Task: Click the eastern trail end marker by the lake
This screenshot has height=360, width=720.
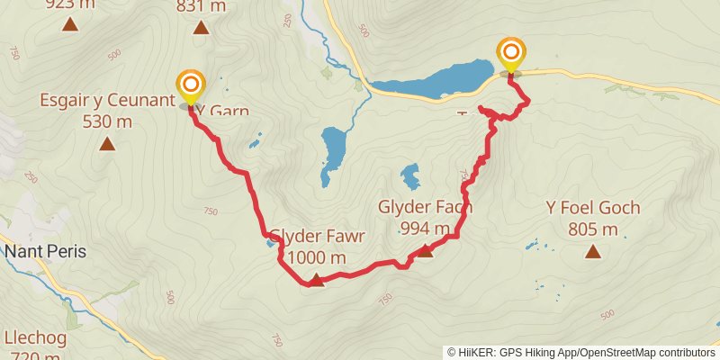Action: point(511,53)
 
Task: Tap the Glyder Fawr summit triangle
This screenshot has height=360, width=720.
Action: point(316,282)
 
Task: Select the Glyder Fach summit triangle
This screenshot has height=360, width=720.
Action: point(425,251)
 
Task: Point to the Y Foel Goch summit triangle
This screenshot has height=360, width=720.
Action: point(593,251)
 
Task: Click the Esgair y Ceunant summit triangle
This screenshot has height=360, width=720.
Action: point(107,143)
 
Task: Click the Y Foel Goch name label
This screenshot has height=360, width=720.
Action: point(593,208)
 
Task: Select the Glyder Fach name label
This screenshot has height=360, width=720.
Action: point(426,207)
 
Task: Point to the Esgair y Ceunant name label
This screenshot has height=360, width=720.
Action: point(106,100)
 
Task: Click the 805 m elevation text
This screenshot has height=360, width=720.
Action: point(593,229)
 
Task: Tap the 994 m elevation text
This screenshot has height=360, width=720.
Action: point(425,229)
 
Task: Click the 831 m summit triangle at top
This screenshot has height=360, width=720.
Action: point(201,27)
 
